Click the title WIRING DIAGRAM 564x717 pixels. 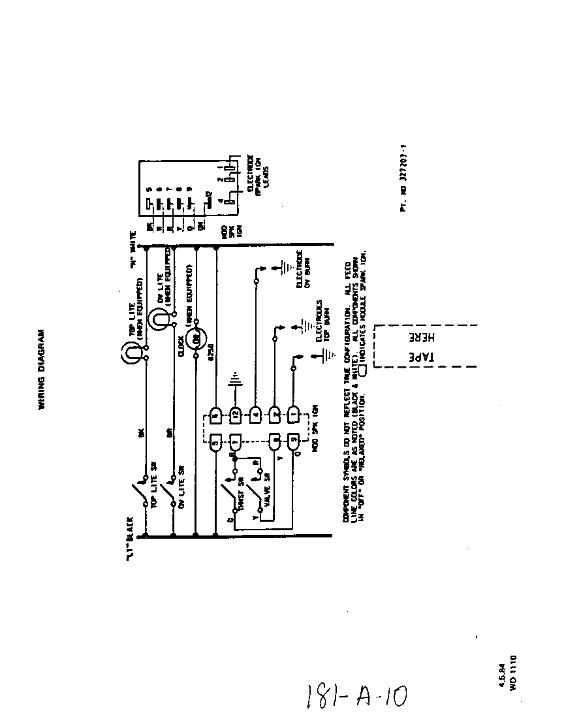40,368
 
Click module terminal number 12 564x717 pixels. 236,413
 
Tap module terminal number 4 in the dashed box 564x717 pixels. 255,413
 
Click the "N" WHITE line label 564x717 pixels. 133,249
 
